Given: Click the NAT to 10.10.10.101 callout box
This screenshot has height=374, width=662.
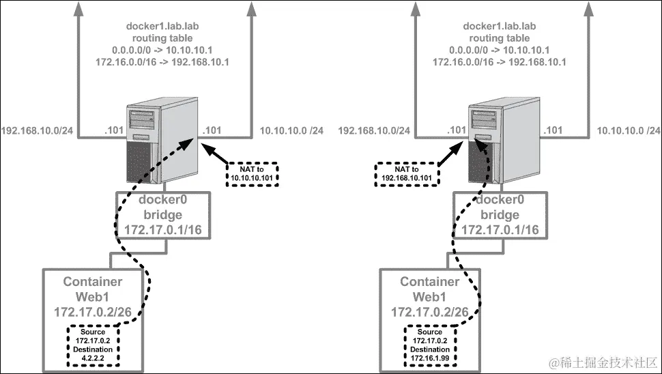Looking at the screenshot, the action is (252, 174).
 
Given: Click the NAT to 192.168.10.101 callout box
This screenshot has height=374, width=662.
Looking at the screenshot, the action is (407, 174).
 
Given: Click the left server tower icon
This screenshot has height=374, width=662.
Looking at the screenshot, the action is (162, 140).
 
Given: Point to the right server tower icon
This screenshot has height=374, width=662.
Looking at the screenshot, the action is (504, 140).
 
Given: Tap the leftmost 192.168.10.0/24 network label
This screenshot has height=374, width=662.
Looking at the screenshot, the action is (37, 131).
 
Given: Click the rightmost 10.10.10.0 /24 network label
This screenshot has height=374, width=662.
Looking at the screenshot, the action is (629, 131).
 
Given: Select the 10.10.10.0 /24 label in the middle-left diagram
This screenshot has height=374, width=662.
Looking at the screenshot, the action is (291, 131).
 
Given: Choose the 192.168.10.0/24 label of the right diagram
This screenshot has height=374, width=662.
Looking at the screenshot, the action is (374, 131).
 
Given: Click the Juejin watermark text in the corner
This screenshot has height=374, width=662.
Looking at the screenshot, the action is (604, 362).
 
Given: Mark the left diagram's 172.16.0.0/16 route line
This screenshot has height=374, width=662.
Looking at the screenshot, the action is (162, 62).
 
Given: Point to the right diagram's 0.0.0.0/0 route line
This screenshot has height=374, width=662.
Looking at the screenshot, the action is (500, 51).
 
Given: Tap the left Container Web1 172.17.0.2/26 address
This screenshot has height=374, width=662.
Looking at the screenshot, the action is (93, 312).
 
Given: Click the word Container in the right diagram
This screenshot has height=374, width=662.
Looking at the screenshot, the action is (430, 282).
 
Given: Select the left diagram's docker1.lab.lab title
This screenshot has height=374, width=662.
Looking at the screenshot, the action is (162, 26).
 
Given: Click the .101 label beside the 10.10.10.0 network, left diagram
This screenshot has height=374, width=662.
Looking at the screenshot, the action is (212, 130).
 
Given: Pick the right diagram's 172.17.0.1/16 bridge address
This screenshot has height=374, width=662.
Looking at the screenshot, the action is (500, 230).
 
